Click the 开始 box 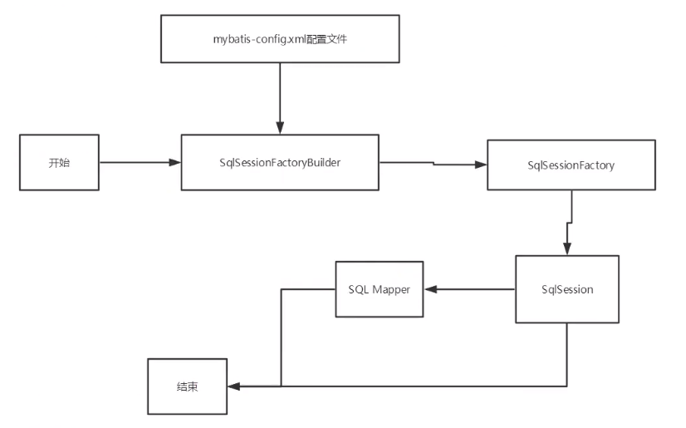[x=59, y=162]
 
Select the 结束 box [x=187, y=387]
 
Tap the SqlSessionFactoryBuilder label [x=280, y=162]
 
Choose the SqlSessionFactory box [x=571, y=165]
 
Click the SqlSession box [x=566, y=289]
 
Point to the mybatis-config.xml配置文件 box [x=280, y=38]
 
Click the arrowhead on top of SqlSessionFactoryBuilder [x=280, y=128]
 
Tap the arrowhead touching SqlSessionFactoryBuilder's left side [x=174, y=162]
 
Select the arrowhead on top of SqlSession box [x=566, y=248]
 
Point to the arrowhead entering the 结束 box [x=233, y=386]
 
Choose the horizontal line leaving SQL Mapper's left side [x=307, y=289]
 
